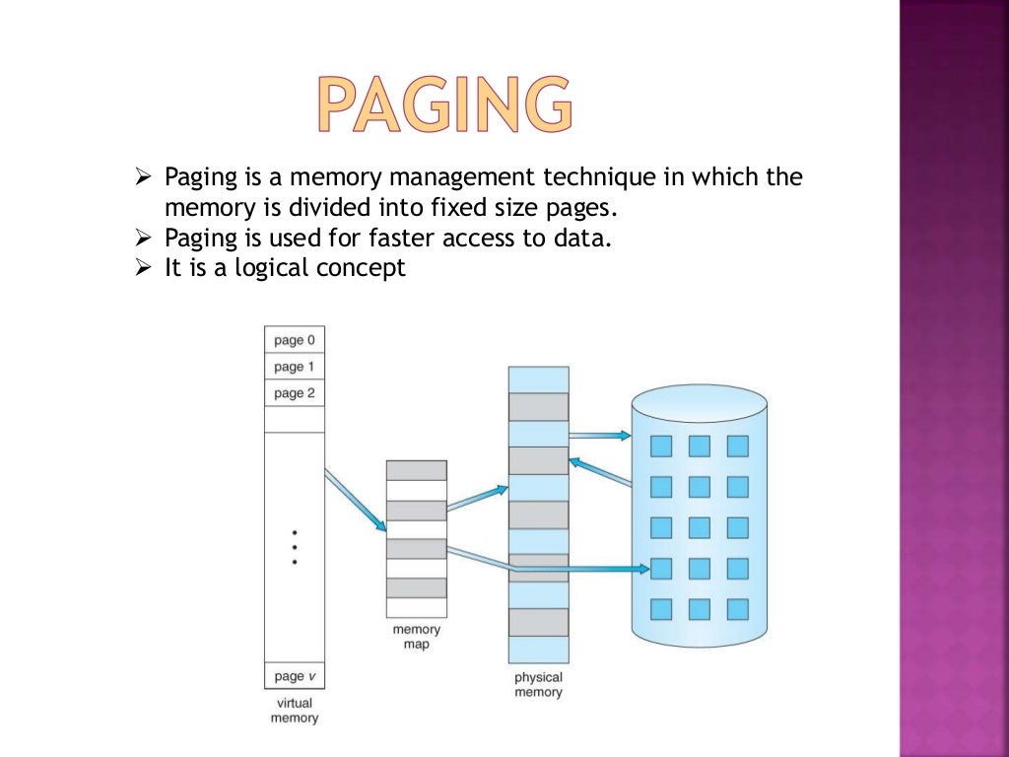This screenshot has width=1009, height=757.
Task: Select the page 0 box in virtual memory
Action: point(295,340)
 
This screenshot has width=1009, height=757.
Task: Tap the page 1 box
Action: point(295,367)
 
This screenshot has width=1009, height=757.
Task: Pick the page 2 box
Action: point(295,393)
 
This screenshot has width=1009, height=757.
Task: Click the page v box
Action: point(295,676)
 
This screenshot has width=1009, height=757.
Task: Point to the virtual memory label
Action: point(295,711)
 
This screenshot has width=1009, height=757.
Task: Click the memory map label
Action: point(416,637)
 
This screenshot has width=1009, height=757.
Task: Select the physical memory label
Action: point(538,684)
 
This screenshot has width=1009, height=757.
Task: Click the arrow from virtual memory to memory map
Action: point(355,500)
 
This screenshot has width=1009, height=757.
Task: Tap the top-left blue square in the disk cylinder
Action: point(661,447)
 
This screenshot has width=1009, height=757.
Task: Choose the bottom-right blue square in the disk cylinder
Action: point(737,608)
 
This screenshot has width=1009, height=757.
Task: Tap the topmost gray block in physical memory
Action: point(538,407)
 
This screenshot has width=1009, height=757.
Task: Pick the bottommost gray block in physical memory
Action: point(538,622)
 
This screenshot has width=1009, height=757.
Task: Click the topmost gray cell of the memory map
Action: point(416,470)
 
